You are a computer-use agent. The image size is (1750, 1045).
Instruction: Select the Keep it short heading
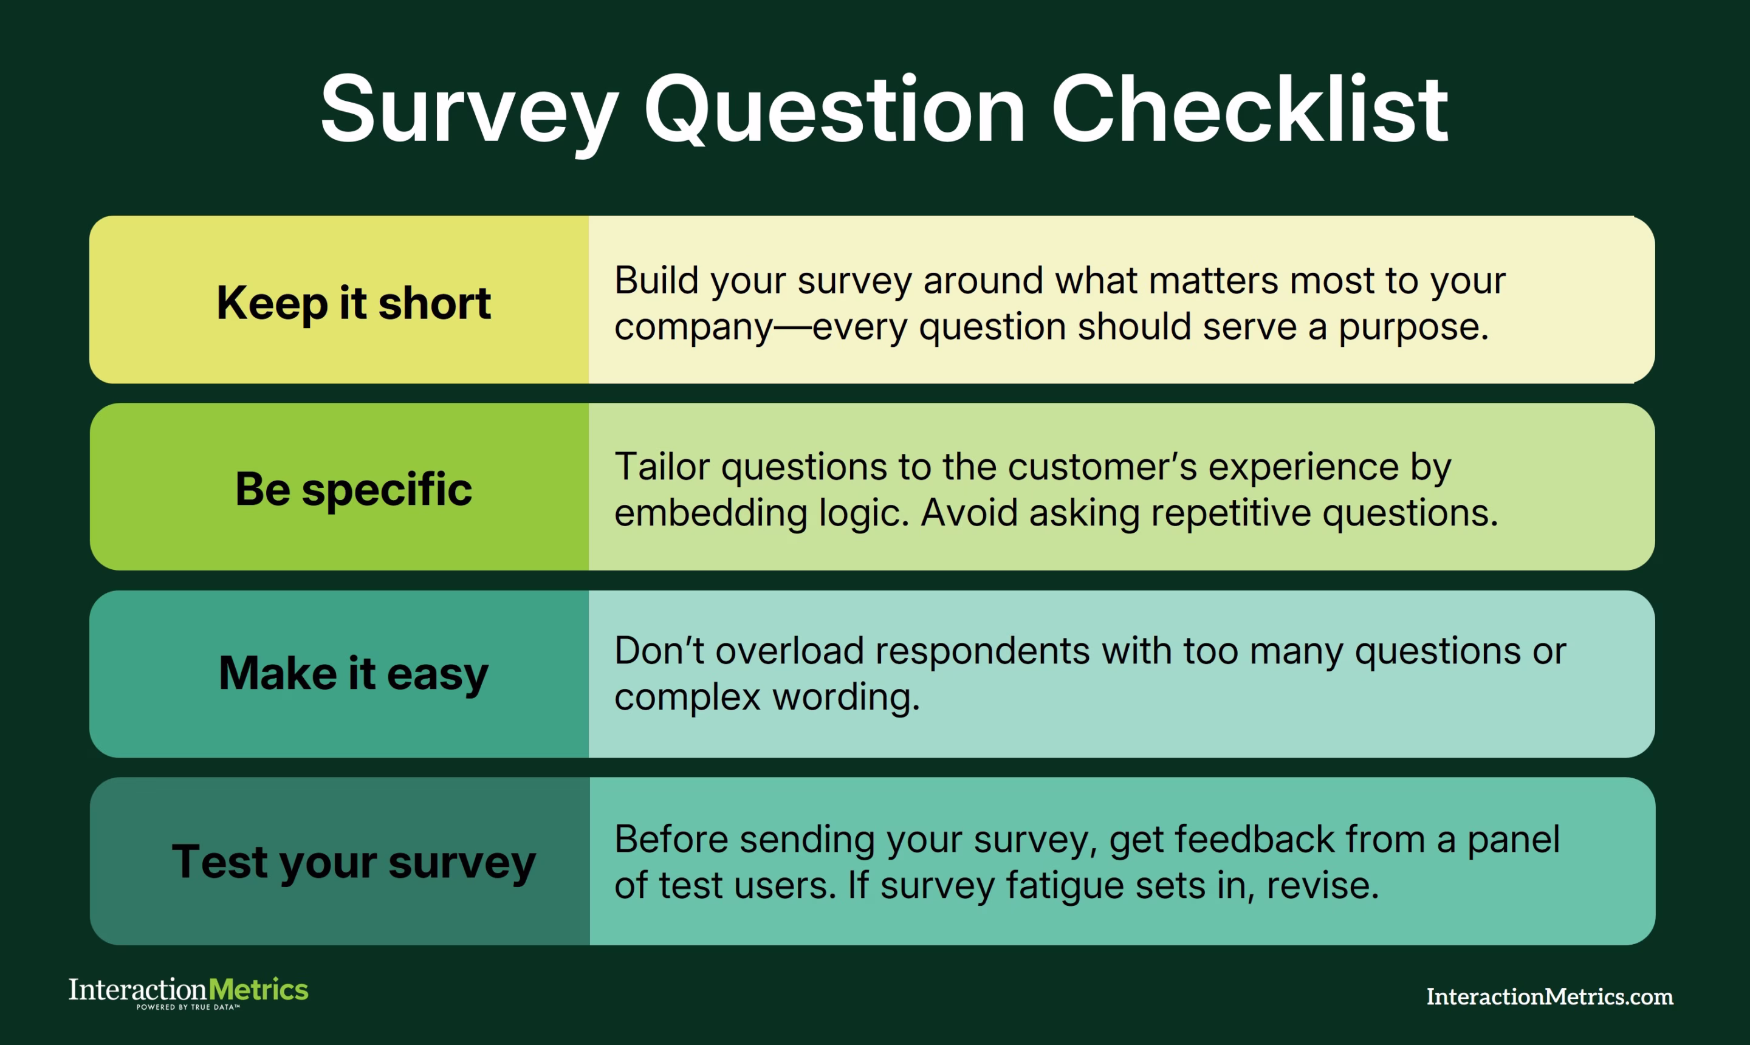point(353,303)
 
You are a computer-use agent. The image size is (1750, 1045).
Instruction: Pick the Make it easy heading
point(353,673)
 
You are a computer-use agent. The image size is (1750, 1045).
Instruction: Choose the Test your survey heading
point(353,862)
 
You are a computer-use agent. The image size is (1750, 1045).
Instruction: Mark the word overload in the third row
point(789,651)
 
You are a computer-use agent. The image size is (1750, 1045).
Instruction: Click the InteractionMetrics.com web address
point(1549,997)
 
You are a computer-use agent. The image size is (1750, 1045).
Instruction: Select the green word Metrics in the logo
point(258,990)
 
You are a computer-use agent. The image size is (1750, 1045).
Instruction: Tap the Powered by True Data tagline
point(188,1008)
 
